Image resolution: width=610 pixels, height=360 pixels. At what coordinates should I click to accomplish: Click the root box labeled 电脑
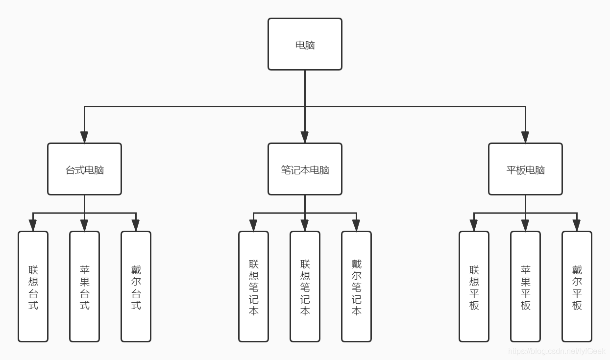tap(305, 45)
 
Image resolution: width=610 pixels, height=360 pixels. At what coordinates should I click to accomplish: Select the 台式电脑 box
tap(84, 169)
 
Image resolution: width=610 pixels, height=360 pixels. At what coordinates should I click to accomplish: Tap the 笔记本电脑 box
tap(305, 169)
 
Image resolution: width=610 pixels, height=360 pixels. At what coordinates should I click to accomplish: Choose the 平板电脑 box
tap(525, 169)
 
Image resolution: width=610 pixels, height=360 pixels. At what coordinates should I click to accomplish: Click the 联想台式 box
tap(33, 287)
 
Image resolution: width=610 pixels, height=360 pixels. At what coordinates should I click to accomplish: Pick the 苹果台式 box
tap(84, 287)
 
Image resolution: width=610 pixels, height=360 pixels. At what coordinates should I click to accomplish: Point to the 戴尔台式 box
tap(136, 287)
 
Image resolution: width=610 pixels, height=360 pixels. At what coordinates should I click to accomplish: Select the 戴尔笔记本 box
tap(356, 287)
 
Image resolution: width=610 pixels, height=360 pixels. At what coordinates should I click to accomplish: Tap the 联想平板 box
tap(474, 287)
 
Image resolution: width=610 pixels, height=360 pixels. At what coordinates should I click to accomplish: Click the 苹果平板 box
tap(525, 287)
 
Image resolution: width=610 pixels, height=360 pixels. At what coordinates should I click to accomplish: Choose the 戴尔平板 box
tap(577, 287)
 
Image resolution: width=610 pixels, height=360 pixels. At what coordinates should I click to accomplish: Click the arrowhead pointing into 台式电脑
tap(84, 137)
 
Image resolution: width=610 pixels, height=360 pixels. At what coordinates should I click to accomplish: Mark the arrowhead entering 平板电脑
tap(525, 137)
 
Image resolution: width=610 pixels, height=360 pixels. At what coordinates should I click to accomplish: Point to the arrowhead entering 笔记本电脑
tap(305, 137)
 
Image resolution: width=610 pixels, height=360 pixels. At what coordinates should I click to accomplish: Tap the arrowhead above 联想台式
tap(33, 225)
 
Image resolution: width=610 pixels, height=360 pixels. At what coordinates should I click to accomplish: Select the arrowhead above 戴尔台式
tap(136, 225)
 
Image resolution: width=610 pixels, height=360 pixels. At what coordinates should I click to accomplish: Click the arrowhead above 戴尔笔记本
tap(356, 225)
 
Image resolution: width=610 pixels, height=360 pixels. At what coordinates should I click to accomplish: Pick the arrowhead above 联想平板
tap(474, 225)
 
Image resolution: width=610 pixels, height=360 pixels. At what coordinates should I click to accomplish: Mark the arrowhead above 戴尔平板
tap(577, 225)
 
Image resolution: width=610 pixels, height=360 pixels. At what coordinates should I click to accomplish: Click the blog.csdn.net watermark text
tap(557, 351)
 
